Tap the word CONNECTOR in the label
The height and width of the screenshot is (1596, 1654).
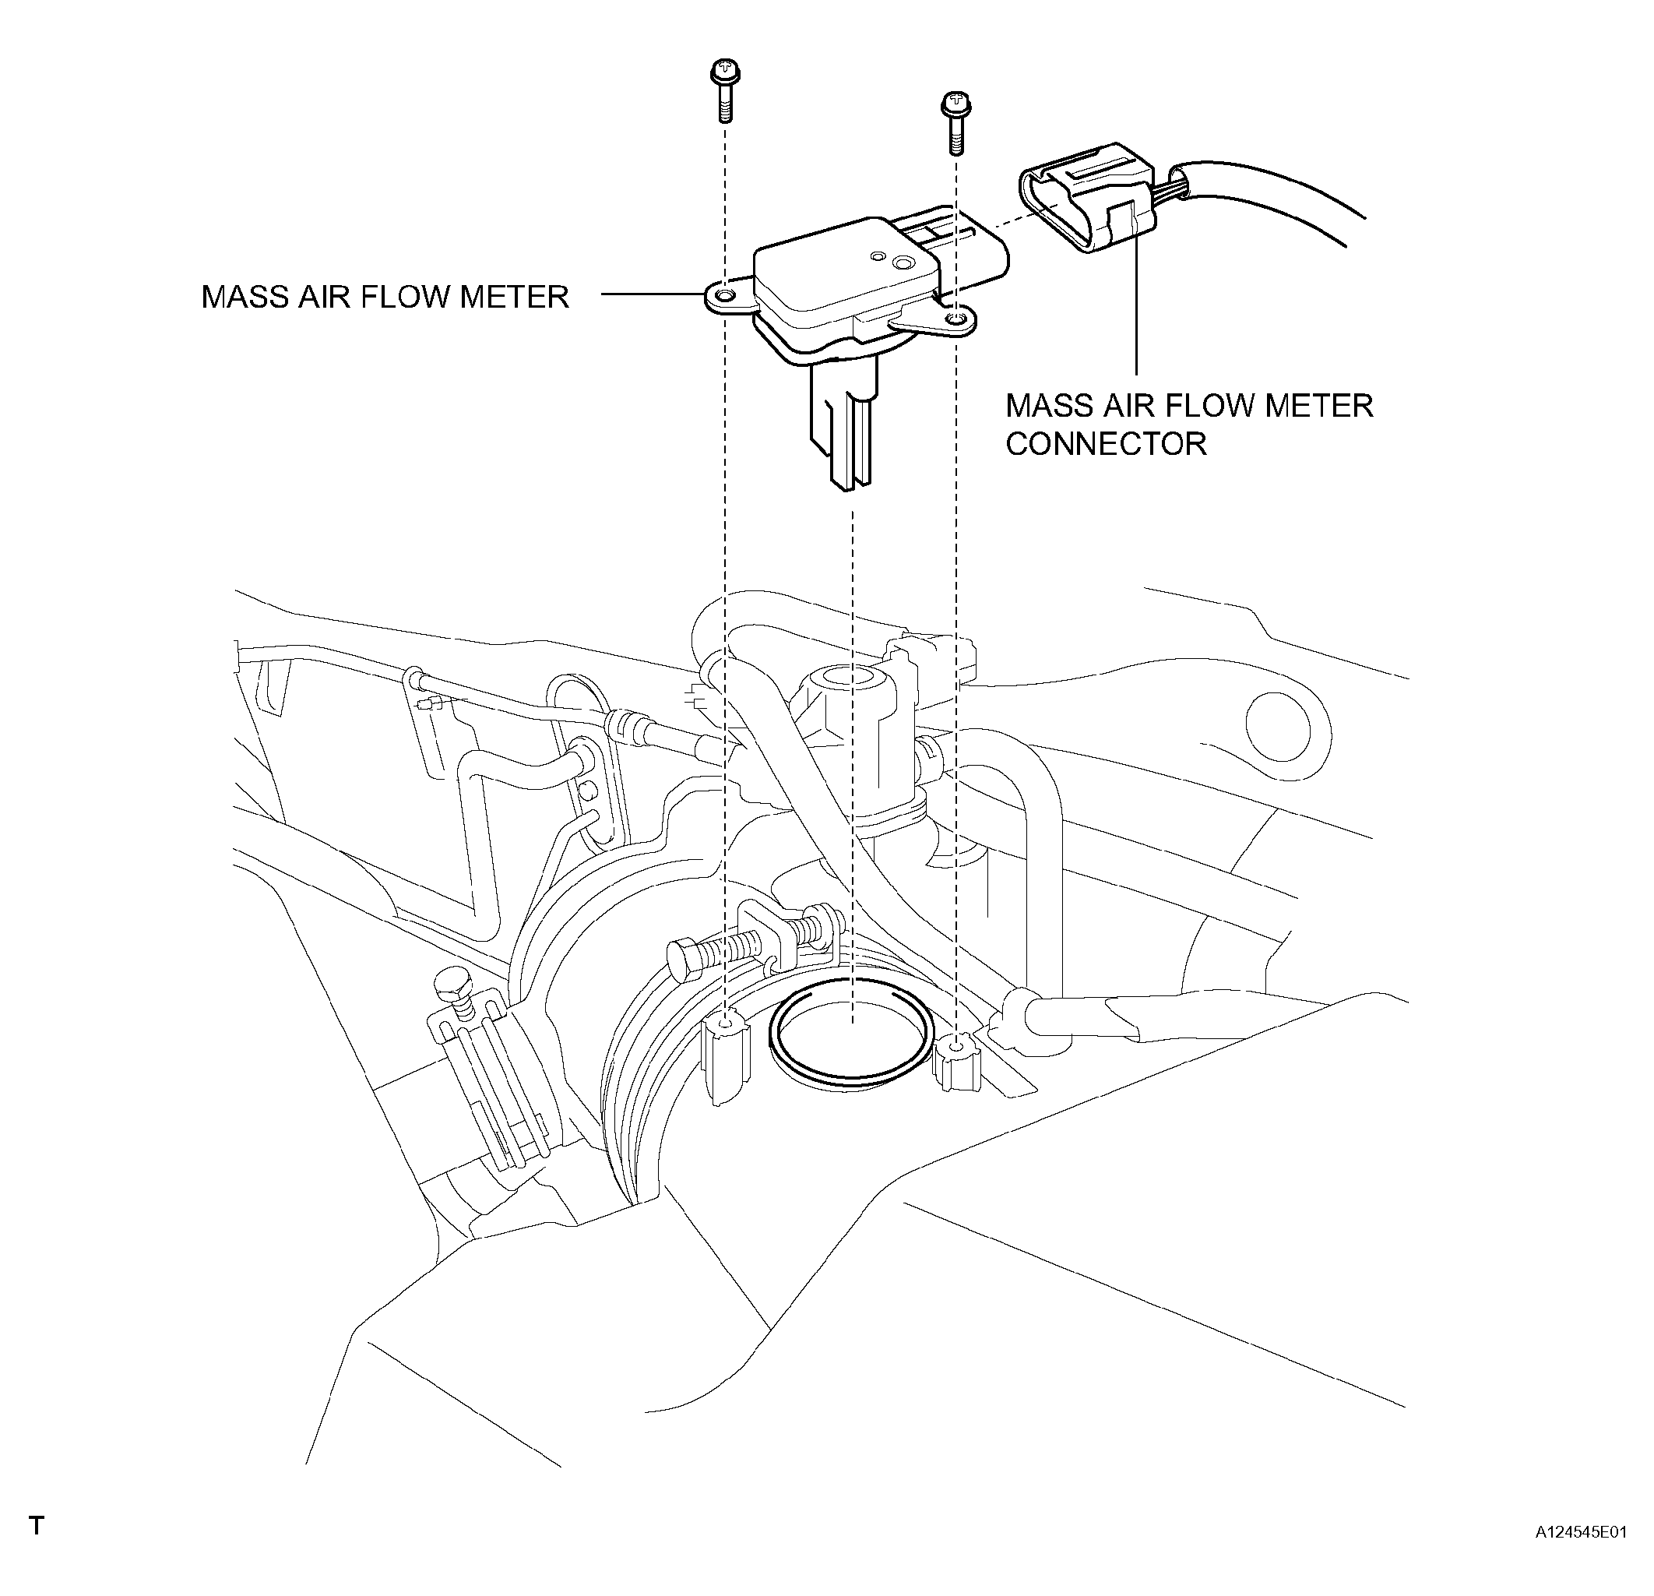(x=1106, y=444)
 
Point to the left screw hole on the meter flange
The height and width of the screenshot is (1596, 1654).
(x=724, y=296)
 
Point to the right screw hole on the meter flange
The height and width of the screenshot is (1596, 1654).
(x=956, y=318)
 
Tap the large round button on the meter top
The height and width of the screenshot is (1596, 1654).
(x=906, y=265)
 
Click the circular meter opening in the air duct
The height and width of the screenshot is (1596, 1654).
(x=853, y=1034)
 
